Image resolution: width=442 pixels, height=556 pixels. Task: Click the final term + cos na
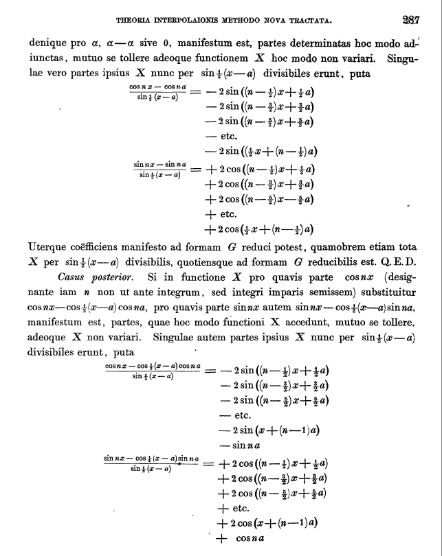[x=241, y=538]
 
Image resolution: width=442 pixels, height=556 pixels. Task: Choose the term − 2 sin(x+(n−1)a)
[x=269, y=430]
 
